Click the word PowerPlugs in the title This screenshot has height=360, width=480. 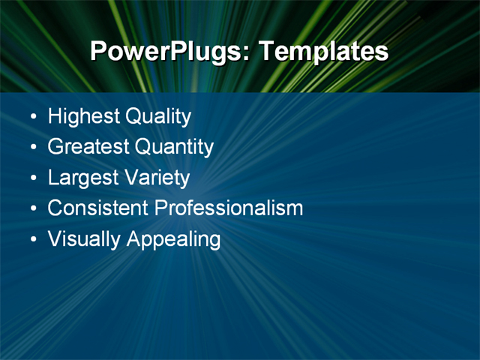click(x=169, y=52)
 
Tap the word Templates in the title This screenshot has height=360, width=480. click(x=323, y=52)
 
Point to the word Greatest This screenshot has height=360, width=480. click(x=88, y=147)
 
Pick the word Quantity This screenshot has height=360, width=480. click(x=174, y=147)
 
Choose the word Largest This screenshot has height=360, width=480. click(x=81, y=178)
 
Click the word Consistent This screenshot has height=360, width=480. click(x=98, y=208)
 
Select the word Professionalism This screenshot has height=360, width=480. click(x=229, y=208)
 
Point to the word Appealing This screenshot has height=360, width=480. click(x=173, y=240)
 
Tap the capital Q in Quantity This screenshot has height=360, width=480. click(x=142, y=147)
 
